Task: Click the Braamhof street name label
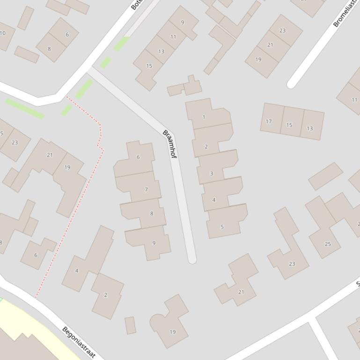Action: click(169, 144)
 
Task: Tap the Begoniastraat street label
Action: click(79, 343)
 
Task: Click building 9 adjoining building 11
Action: click(183, 22)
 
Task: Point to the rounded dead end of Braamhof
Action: click(191, 259)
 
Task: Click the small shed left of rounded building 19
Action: click(130, 325)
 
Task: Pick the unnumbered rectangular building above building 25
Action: click(325, 176)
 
